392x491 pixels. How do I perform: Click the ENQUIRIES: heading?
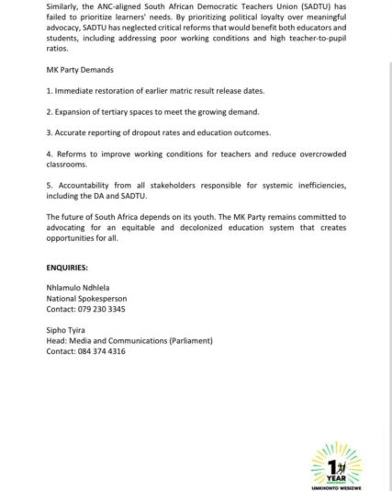[x=67, y=268]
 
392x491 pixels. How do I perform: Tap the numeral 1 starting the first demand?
[x=48, y=92]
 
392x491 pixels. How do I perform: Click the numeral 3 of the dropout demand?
[x=48, y=132]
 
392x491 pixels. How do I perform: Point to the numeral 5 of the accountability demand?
[x=48, y=185]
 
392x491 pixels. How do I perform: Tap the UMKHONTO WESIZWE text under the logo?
[x=337, y=485]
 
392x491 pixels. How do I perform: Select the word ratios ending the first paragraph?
[x=58, y=49]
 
